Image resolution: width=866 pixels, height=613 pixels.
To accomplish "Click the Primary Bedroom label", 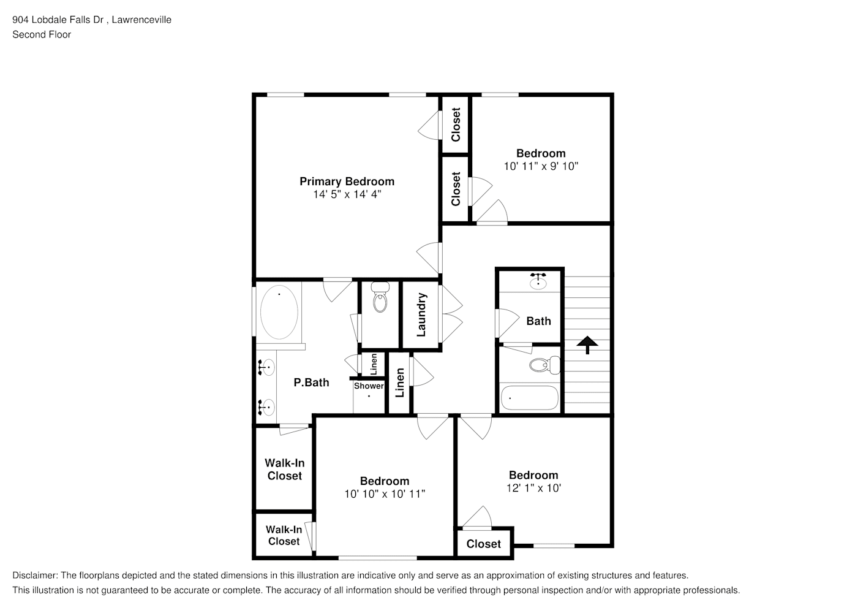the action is click(x=347, y=181).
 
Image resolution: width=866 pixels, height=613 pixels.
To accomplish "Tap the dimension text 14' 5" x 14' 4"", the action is click(x=347, y=194).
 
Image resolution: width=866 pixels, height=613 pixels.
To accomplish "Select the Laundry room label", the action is click(x=421, y=314).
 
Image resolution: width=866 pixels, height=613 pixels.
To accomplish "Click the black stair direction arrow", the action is click(x=587, y=345).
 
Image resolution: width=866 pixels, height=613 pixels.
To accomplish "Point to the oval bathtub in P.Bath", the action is click(x=279, y=312).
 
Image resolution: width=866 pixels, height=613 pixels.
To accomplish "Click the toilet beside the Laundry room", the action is click(x=380, y=297).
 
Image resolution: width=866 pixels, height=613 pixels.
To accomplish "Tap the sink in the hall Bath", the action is click(x=538, y=281).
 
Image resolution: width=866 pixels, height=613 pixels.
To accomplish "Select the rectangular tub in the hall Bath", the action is click(x=530, y=398).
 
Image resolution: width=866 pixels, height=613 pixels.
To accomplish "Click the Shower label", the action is click(x=369, y=386).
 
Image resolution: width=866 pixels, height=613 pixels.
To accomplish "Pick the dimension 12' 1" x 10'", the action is click(x=533, y=488).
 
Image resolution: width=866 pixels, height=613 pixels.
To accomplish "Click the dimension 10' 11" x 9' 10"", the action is click(x=541, y=166).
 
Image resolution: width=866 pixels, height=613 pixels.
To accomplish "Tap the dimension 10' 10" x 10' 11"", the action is click(x=385, y=494).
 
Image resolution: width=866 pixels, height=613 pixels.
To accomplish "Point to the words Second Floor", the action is click(x=42, y=34).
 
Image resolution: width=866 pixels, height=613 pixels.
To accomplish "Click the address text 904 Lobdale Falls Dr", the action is click(x=58, y=20).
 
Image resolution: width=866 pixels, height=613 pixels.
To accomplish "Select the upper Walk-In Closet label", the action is click(x=285, y=469).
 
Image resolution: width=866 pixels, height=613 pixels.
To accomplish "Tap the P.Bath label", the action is click(x=311, y=383).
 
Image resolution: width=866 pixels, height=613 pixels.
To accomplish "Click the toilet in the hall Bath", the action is click(x=544, y=365).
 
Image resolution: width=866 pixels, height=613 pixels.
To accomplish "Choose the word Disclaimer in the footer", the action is click(x=35, y=576).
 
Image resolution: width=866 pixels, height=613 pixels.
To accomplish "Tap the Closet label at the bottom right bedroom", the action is click(x=484, y=544).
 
